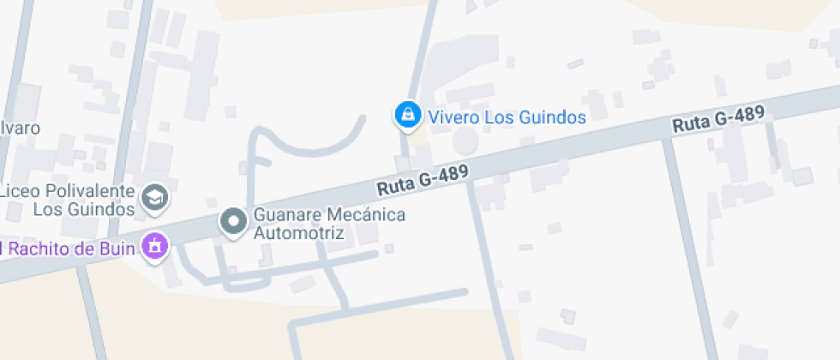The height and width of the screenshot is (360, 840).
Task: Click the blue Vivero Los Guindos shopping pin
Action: point(406,114)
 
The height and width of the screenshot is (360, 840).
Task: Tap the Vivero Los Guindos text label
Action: point(507,117)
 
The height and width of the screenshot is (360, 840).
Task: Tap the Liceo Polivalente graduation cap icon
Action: point(155,198)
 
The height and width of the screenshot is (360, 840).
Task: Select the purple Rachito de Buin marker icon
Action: point(155,246)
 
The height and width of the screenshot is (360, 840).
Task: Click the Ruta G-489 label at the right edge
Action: point(718,119)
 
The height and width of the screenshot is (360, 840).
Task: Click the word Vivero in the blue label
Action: point(454,117)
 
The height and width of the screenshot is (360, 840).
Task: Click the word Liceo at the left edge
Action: point(22,190)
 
